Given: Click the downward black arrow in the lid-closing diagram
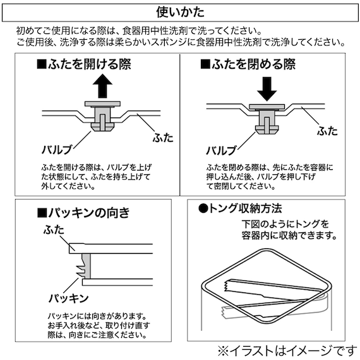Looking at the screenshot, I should (268, 89).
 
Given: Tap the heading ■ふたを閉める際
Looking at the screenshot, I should (248, 64).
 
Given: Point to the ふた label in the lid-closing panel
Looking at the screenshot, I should (327, 131).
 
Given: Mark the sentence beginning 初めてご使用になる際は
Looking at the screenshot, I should (140, 30).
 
